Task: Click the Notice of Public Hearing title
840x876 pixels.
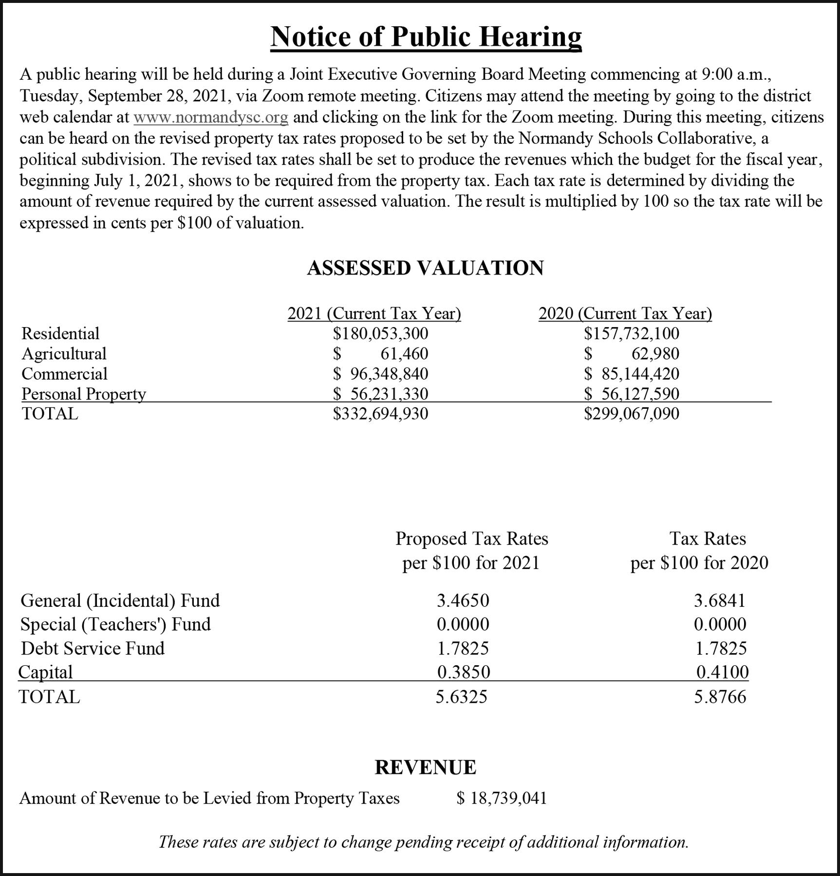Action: pos(426,36)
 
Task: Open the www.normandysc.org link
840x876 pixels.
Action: pos(211,117)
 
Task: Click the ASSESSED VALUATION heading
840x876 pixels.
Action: pos(425,268)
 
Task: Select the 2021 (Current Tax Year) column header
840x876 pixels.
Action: pos(374,313)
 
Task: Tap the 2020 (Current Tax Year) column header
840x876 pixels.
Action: pos(625,313)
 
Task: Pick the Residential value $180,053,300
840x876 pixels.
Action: pos(380,333)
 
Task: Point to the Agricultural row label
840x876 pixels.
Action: pos(64,354)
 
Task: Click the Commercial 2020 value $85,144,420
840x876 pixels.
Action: pos(632,374)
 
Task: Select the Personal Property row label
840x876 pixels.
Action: pos(84,394)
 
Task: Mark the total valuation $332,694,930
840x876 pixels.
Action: pos(380,414)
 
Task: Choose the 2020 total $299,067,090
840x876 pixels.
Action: pos(632,414)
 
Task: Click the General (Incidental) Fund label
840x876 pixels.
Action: pos(120,601)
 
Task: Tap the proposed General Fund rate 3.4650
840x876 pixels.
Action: pos(463,601)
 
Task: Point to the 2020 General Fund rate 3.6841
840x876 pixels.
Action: pos(720,601)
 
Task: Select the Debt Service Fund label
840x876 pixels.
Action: pos(93,648)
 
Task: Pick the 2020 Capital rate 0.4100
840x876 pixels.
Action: pos(722,672)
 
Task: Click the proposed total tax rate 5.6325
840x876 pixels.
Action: pos(461,697)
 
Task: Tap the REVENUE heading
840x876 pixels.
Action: pos(425,767)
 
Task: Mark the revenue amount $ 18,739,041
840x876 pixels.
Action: pos(502,798)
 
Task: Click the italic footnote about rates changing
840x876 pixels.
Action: pos(424,841)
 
